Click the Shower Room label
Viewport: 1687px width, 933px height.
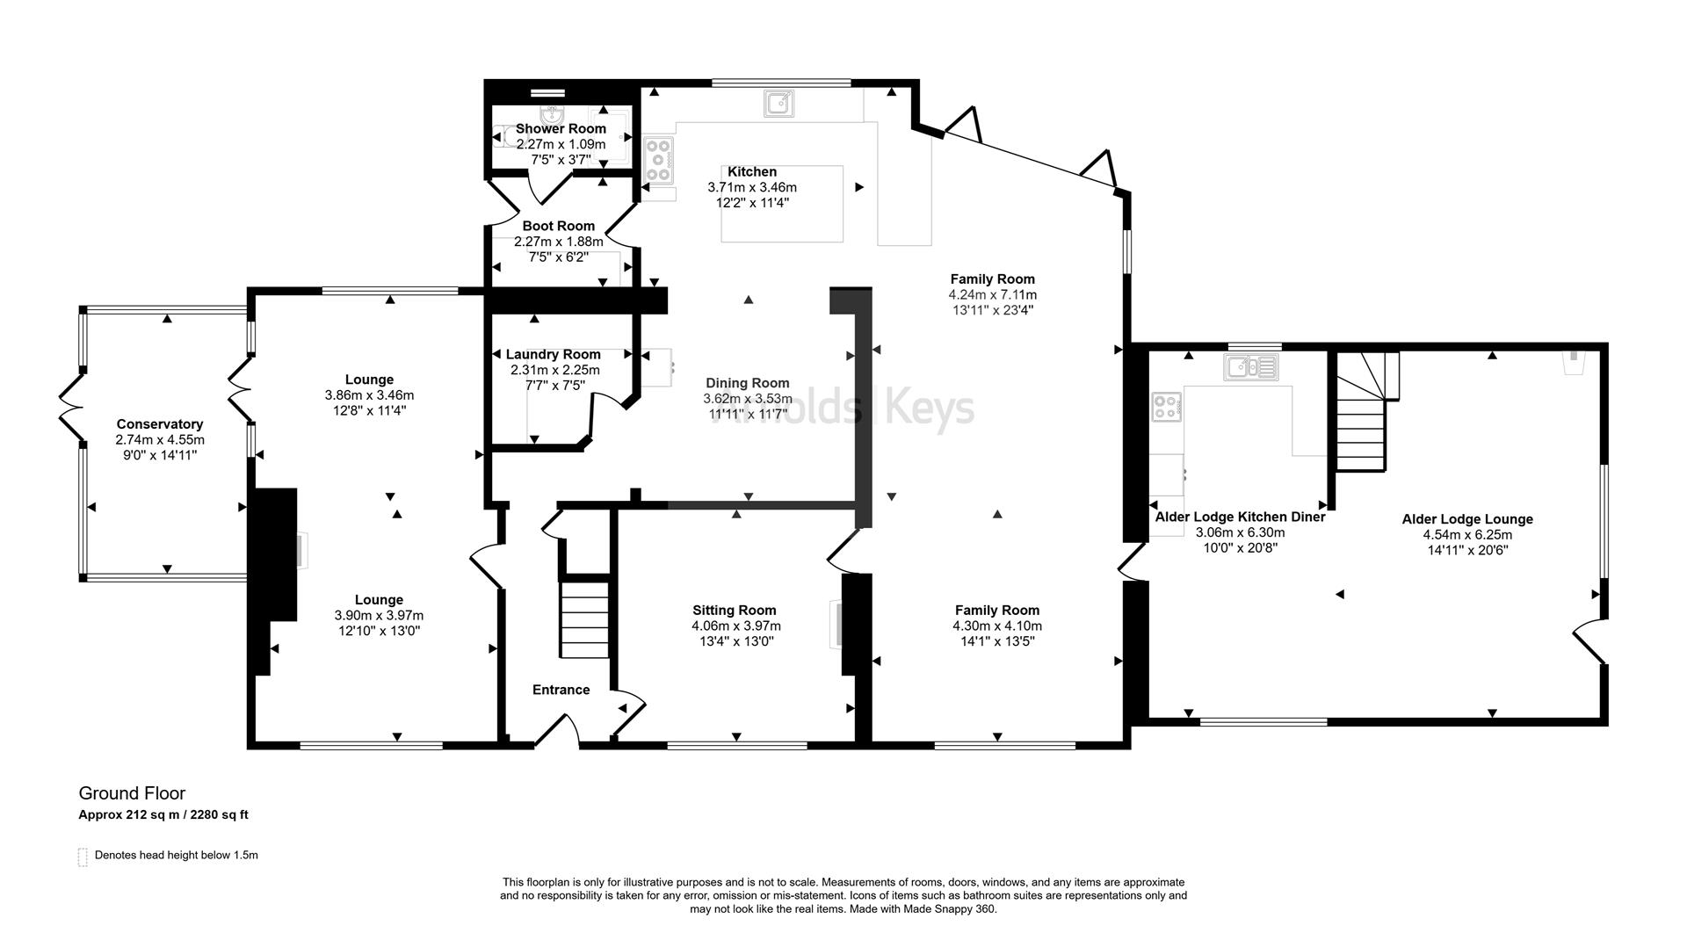pyautogui.click(x=561, y=129)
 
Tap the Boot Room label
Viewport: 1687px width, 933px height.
pyautogui.click(x=559, y=227)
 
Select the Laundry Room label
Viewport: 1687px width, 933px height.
pyautogui.click(x=554, y=355)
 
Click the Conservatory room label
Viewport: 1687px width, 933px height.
pyautogui.click(x=160, y=424)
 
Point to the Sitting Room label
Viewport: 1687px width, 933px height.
pyautogui.click(x=735, y=611)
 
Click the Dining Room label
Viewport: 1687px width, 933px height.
pyautogui.click(x=748, y=383)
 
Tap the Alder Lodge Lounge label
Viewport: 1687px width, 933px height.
pyautogui.click(x=1467, y=519)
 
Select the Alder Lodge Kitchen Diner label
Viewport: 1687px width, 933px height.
pyautogui.click(x=1240, y=517)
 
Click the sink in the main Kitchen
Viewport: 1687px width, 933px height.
pyautogui.click(x=779, y=104)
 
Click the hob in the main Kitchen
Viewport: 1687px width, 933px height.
pyautogui.click(x=659, y=161)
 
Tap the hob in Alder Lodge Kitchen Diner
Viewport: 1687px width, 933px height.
pyautogui.click(x=1167, y=406)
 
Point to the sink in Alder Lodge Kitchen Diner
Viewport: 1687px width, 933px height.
pyautogui.click(x=1251, y=366)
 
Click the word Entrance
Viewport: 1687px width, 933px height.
pyautogui.click(x=561, y=691)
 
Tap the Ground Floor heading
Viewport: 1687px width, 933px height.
pyautogui.click(x=133, y=794)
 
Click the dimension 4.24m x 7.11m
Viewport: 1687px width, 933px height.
pyautogui.click(x=993, y=295)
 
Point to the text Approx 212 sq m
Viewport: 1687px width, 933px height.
pyautogui.click(x=129, y=815)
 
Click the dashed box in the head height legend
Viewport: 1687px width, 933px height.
pyautogui.click(x=83, y=857)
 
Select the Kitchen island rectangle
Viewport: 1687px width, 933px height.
pyautogui.click(x=782, y=204)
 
